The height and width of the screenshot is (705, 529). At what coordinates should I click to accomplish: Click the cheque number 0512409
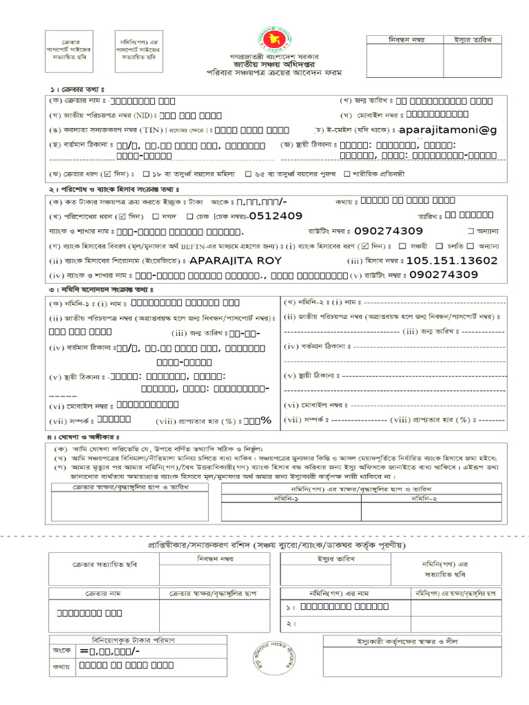pos(276,215)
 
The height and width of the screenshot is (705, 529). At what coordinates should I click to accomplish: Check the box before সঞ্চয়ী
pos(402,246)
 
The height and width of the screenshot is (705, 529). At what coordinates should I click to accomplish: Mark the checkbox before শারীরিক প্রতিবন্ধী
pos(346,173)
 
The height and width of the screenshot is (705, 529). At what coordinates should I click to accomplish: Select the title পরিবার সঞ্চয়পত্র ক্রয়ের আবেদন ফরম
pos(265,72)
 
